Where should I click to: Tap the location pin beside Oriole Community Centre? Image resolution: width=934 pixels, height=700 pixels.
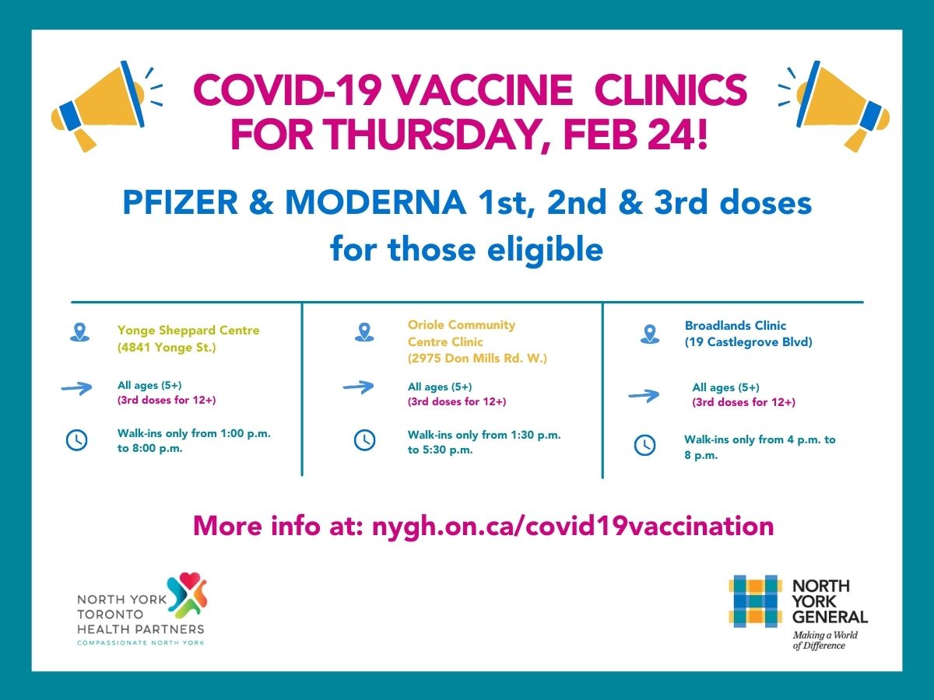coord(363,332)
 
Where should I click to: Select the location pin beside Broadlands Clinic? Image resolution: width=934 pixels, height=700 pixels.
coord(649,334)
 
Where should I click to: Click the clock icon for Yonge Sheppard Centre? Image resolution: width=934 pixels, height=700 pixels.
coord(76,440)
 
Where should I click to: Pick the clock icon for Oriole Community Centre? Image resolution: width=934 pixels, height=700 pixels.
coord(364,440)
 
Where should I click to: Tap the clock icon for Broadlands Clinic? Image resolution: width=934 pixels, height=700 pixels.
coord(644,445)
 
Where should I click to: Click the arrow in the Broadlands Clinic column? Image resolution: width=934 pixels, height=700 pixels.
coord(643,396)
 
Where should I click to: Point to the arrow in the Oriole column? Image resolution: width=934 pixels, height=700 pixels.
coord(358,387)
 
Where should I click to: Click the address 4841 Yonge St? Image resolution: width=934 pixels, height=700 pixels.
coord(167,348)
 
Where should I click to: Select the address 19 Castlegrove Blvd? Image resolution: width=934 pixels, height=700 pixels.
coord(748,341)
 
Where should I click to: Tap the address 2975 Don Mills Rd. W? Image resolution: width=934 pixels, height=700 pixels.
coord(478,359)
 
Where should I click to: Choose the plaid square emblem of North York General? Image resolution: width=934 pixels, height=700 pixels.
coord(754,600)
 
